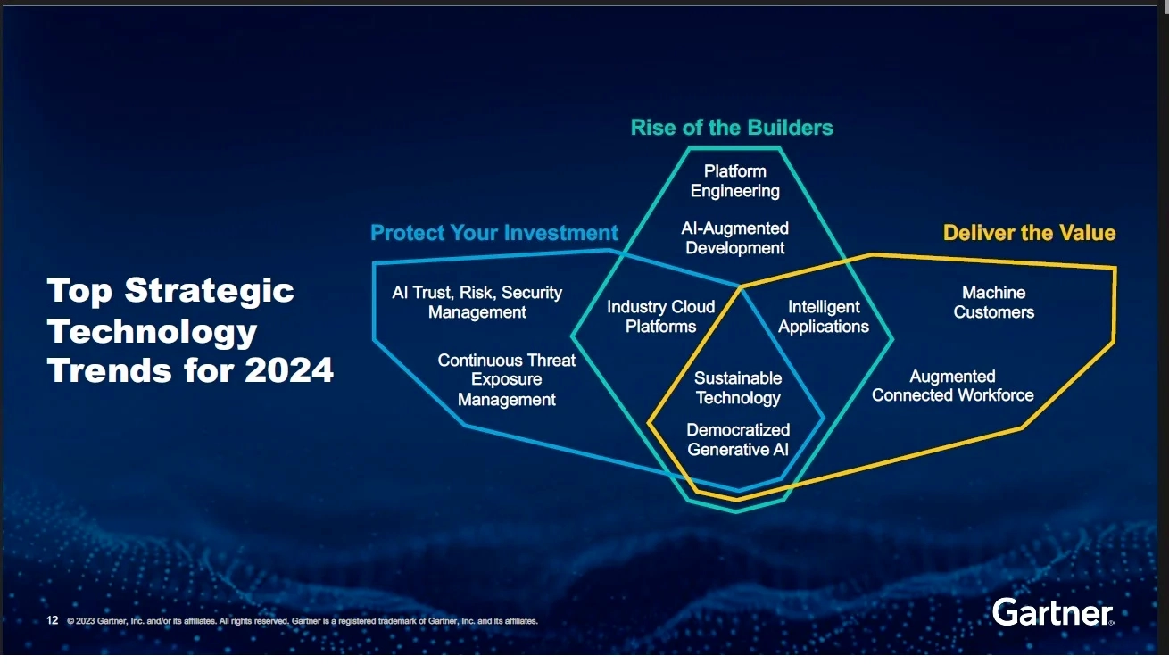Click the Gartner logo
click(x=1053, y=612)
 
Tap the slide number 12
click(x=52, y=620)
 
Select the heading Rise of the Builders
click(x=732, y=128)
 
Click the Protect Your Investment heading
click(x=493, y=233)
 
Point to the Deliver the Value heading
click(x=1029, y=233)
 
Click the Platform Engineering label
click(x=734, y=181)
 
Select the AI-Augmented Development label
click(x=734, y=238)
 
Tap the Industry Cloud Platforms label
click(x=660, y=317)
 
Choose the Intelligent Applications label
click(x=824, y=317)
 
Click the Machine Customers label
click(x=994, y=302)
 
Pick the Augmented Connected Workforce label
click(x=952, y=386)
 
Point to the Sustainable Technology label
click(x=738, y=387)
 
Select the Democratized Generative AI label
click(x=738, y=440)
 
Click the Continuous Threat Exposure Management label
click(x=506, y=380)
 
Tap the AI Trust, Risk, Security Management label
click(x=477, y=302)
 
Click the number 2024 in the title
click(x=288, y=370)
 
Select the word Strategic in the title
click(x=210, y=291)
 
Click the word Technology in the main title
click(x=152, y=332)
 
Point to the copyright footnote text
click(x=303, y=621)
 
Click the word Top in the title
click(x=79, y=291)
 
